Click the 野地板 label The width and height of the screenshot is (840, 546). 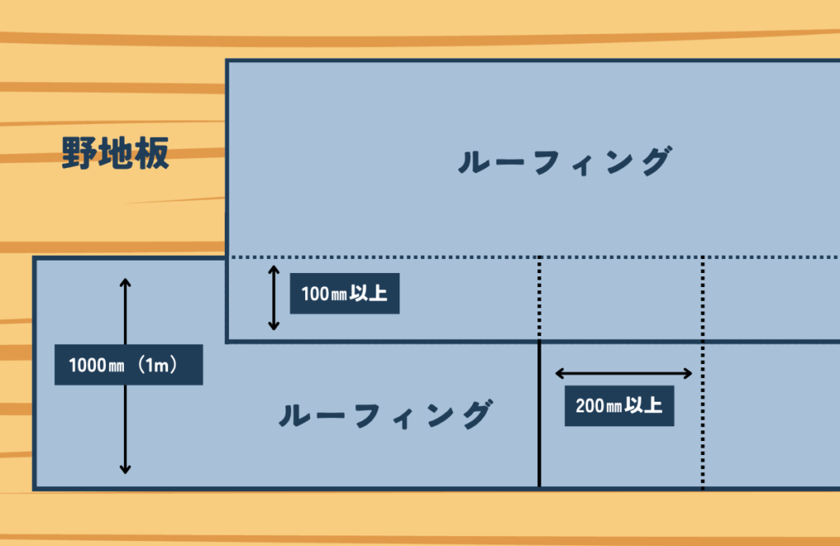116,153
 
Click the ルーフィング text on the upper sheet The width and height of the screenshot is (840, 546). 564,162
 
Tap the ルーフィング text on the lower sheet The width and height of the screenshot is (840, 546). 386,416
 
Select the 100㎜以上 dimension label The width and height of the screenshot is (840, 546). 345,293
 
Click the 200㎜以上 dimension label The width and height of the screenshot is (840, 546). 619,405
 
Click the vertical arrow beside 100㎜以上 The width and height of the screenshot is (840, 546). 274,298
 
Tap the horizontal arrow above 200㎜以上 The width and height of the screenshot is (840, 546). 625,374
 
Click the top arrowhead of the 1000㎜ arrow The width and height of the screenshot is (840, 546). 126,283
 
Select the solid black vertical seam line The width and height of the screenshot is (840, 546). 539,414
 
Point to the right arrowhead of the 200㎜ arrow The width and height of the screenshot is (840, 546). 690,374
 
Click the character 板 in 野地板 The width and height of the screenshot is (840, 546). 152,153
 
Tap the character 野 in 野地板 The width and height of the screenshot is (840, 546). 80,153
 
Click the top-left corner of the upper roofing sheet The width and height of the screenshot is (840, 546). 227,61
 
